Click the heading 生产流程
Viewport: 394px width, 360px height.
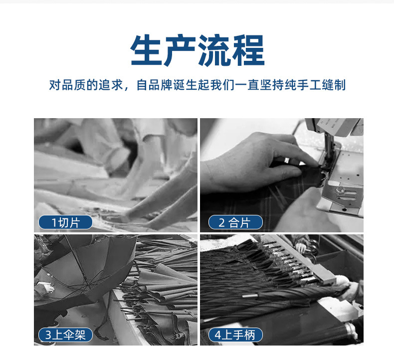[x=197, y=50]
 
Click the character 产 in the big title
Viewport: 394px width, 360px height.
[x=180, y=50]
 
